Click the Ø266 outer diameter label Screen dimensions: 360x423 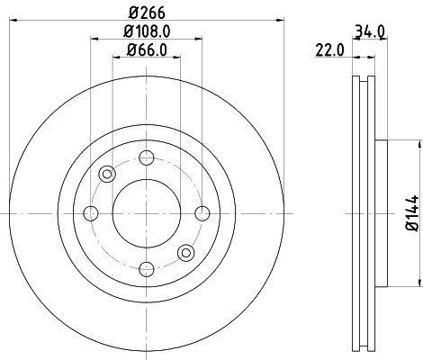pos(146,12)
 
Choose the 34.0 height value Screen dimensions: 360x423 pos(370,31)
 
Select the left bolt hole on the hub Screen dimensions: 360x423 pos(91,212)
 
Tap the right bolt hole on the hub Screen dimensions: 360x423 pos(202,212)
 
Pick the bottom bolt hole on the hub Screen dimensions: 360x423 pos(146,267)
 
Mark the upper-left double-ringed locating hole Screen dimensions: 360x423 pos(107,174)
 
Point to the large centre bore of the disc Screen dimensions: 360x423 pos(146,212)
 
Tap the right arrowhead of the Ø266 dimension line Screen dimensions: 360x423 pos(280,20)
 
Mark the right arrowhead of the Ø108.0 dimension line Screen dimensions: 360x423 pos(197,37)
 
